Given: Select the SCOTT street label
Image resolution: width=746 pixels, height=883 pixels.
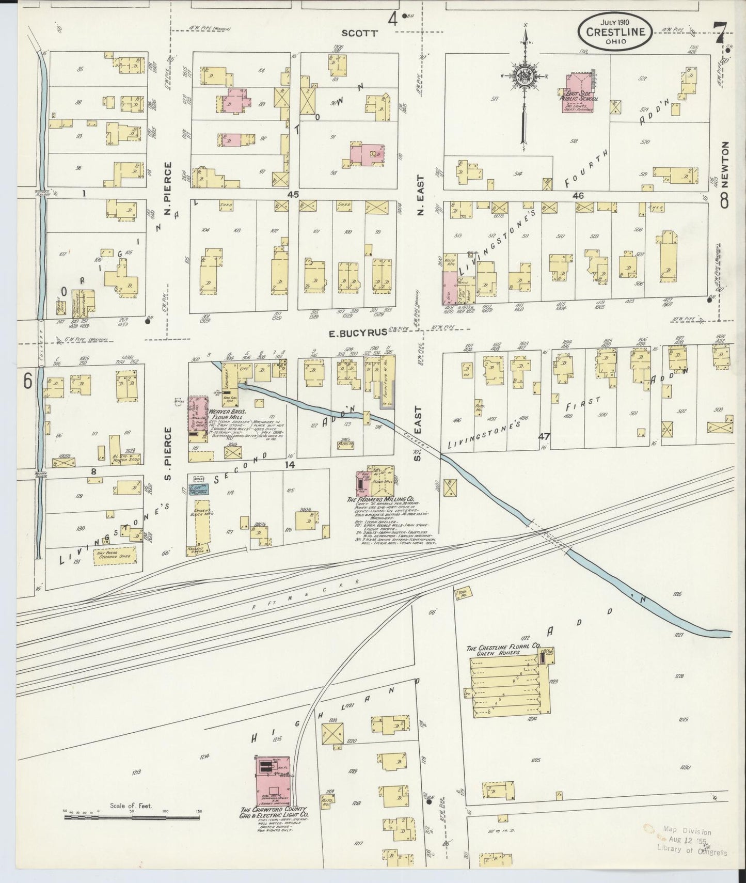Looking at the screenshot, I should [360, 33].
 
